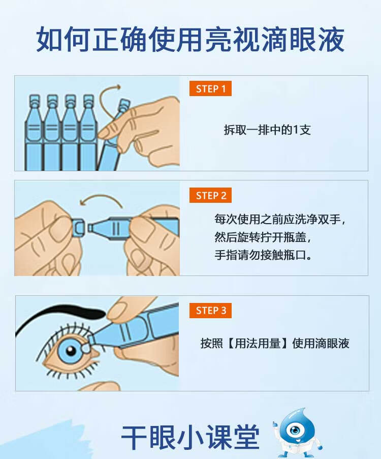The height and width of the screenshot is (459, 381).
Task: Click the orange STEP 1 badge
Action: pos(210,89)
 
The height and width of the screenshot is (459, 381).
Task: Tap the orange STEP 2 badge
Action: pos(211,196)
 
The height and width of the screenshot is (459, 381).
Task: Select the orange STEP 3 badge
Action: pos(211,311)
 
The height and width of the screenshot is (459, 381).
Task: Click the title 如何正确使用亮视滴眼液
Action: pos(190,40)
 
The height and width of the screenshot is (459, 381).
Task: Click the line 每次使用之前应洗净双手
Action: pos(280,220)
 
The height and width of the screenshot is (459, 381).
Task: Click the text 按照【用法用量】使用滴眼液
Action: pos(275,344)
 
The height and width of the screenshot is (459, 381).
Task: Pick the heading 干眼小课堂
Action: pos(190,436)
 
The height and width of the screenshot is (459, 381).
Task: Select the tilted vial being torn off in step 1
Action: pos(113,137)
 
